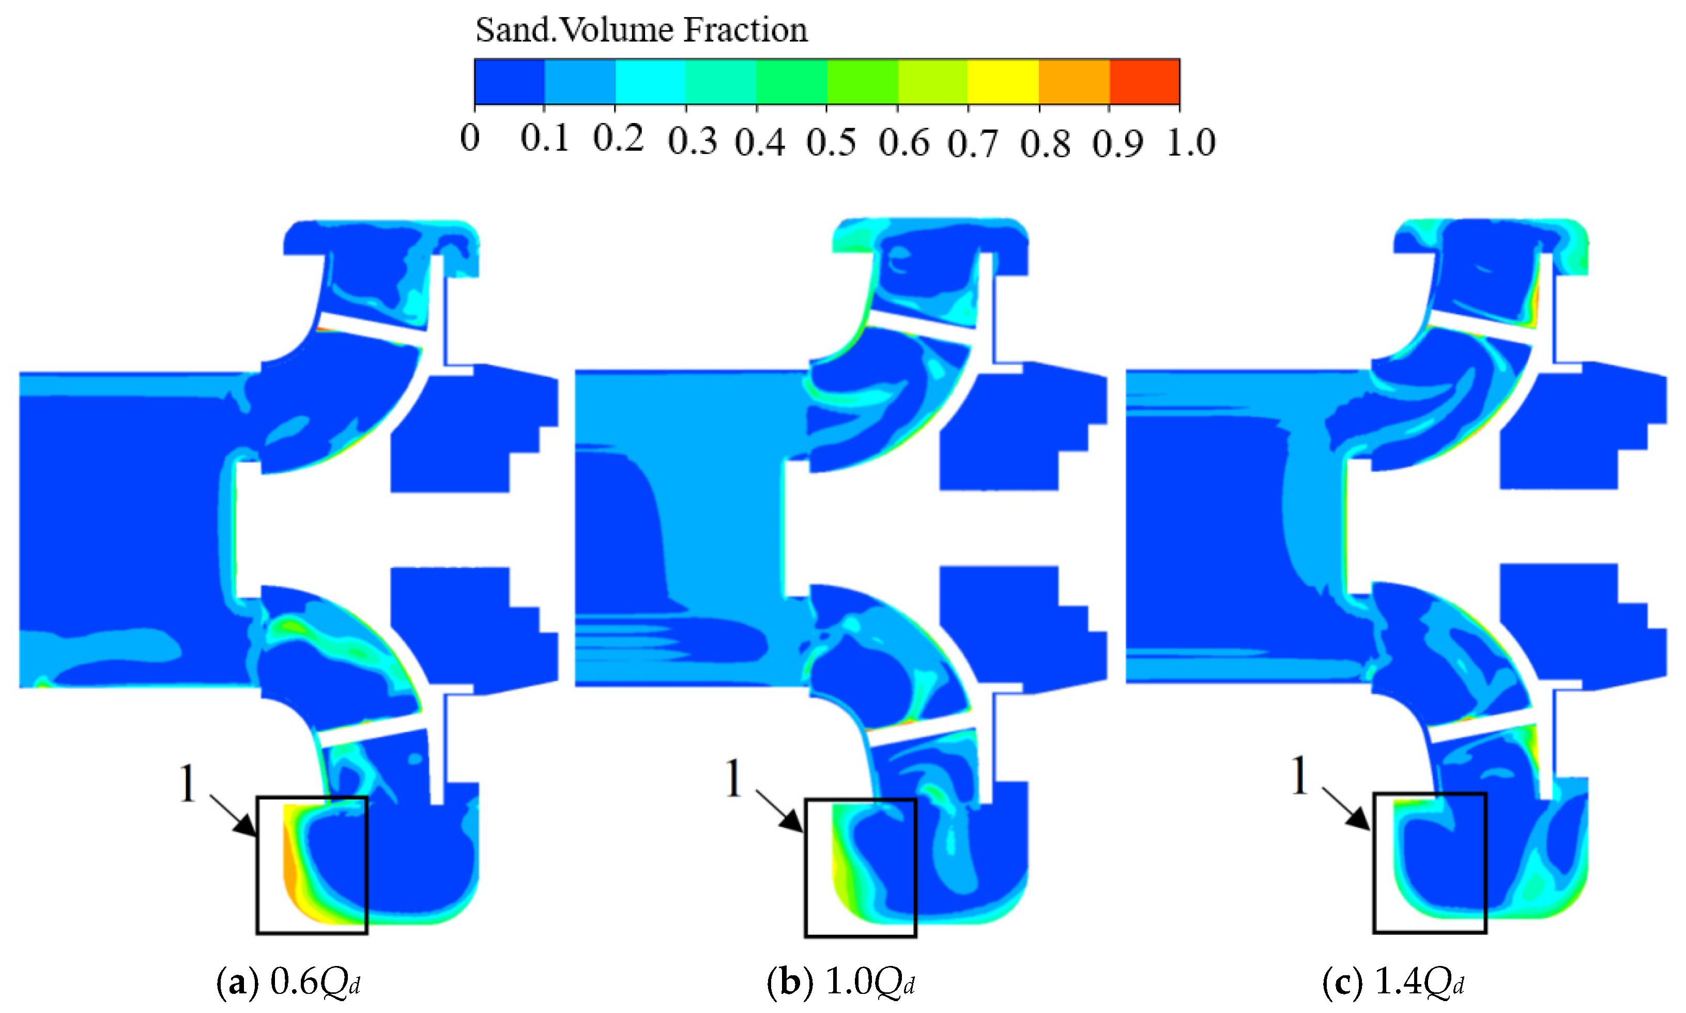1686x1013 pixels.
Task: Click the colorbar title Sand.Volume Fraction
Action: coord(641,30)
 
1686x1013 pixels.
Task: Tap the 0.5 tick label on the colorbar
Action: coord(831,143)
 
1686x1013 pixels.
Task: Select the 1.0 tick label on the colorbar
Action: coord(1190,143)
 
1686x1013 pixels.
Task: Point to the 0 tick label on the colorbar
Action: coord(470,139)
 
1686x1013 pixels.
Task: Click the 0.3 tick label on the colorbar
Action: coord(692,141)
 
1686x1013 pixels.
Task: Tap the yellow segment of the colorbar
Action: coord(1003,82)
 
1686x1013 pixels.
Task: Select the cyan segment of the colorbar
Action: coord(650,82)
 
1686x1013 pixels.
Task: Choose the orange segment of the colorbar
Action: coord(1074,82)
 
